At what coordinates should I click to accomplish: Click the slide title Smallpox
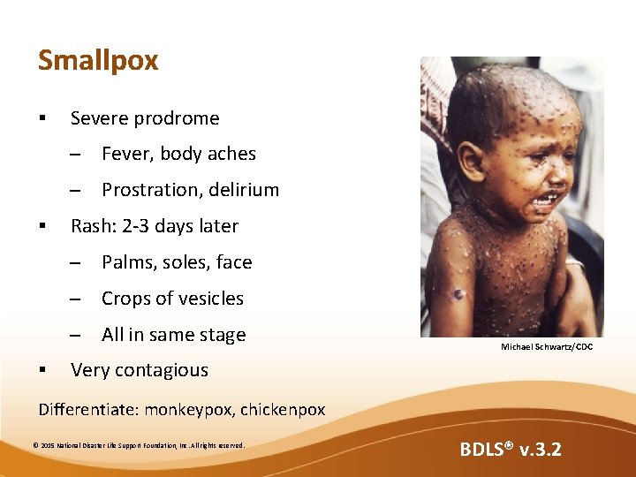point(98,60)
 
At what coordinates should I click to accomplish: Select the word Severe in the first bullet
point(99,118)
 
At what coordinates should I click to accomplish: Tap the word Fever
point(127,154)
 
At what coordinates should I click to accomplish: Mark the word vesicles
point(209,299)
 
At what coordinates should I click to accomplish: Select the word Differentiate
point(87,410)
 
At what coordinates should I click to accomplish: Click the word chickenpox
point(283,410)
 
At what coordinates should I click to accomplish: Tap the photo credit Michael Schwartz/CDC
point(547,347)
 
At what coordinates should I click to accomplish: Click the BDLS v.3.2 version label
point(510,450)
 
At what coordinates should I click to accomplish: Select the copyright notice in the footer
point(138,444)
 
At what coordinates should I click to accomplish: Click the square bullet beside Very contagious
point(42,371)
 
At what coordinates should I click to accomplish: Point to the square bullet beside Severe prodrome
point(42,118)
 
